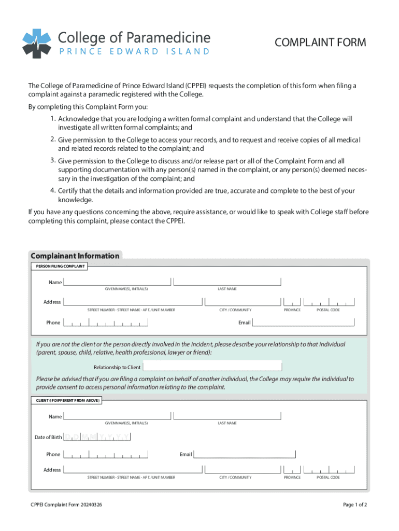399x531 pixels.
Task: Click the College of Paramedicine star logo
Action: (x=36, y=43)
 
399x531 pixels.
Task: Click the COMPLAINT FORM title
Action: (x=320, y=43)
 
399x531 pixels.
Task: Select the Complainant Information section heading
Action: (x=75, y=256)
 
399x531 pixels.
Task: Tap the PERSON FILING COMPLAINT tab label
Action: (x=60, y=266)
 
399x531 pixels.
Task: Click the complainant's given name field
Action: (x=118, y=282)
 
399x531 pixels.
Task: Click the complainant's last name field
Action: (x=227, y=282)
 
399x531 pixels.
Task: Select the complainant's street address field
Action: (x=133, y=301)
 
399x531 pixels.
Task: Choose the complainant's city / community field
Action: (x=242, y=301)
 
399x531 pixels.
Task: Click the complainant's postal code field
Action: (x=329, y=302)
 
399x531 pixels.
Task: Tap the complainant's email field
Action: (x=304, y=322)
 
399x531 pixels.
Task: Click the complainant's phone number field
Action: (x=106, y=322)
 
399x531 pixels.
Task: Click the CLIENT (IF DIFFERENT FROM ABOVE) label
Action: (x=67, y=400)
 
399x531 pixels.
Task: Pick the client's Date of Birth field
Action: (x=97, y=437)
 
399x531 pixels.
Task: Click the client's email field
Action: (x=245, y=454)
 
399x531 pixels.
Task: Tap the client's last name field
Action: (x=227, y=416)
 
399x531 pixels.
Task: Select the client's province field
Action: (x=292, y=469)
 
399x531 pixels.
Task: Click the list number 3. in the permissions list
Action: (x=53, y=161)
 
